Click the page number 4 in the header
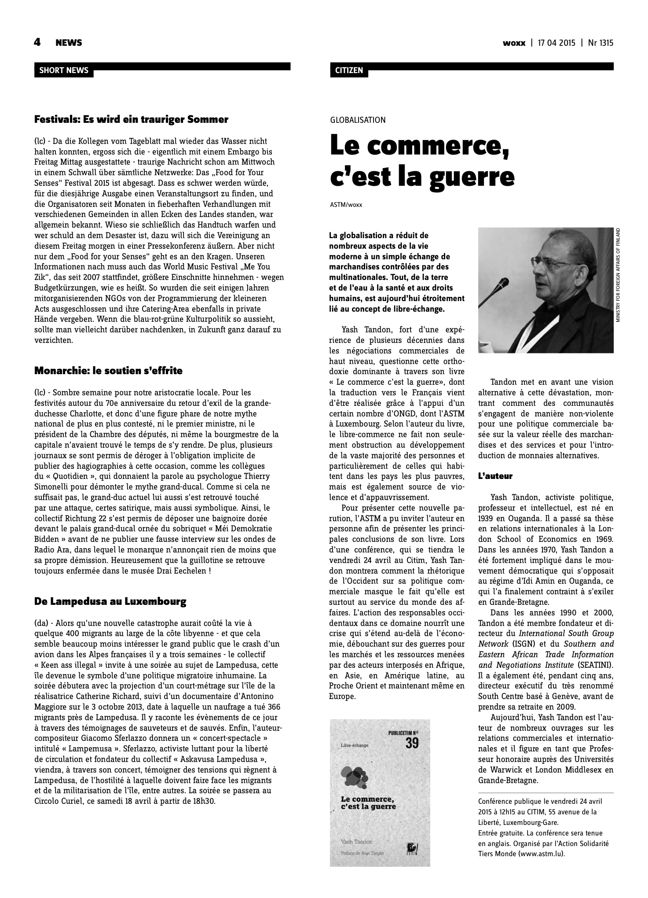tap(37, 42)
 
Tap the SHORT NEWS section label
tap(64, 70)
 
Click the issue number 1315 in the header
tap(605, 43)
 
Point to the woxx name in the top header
tap(514, 43)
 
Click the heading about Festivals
tap(131, 119)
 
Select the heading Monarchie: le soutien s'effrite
tap(108, 371)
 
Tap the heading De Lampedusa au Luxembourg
tap(110, 601)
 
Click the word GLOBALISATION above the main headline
tap(358, 120)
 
